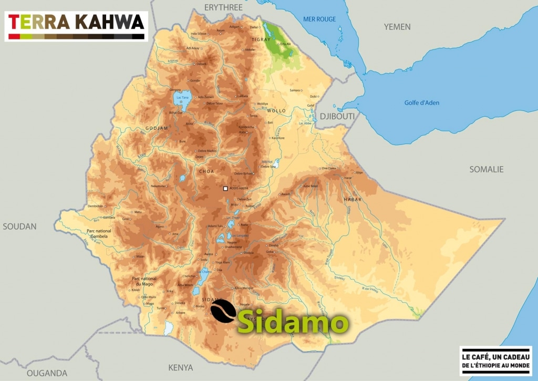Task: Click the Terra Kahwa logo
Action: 76,25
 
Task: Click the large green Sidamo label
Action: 293,322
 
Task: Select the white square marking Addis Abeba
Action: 225,189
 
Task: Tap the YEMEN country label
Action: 397,26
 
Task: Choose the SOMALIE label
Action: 486,169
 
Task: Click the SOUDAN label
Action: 19,226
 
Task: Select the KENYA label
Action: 180,367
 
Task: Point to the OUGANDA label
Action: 47,373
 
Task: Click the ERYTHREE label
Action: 223,7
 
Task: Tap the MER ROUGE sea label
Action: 319,19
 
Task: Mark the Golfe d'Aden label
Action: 421,102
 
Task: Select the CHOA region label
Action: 206,171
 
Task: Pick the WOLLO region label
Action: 276,111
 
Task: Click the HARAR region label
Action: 353,199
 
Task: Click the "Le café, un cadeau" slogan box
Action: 495,361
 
